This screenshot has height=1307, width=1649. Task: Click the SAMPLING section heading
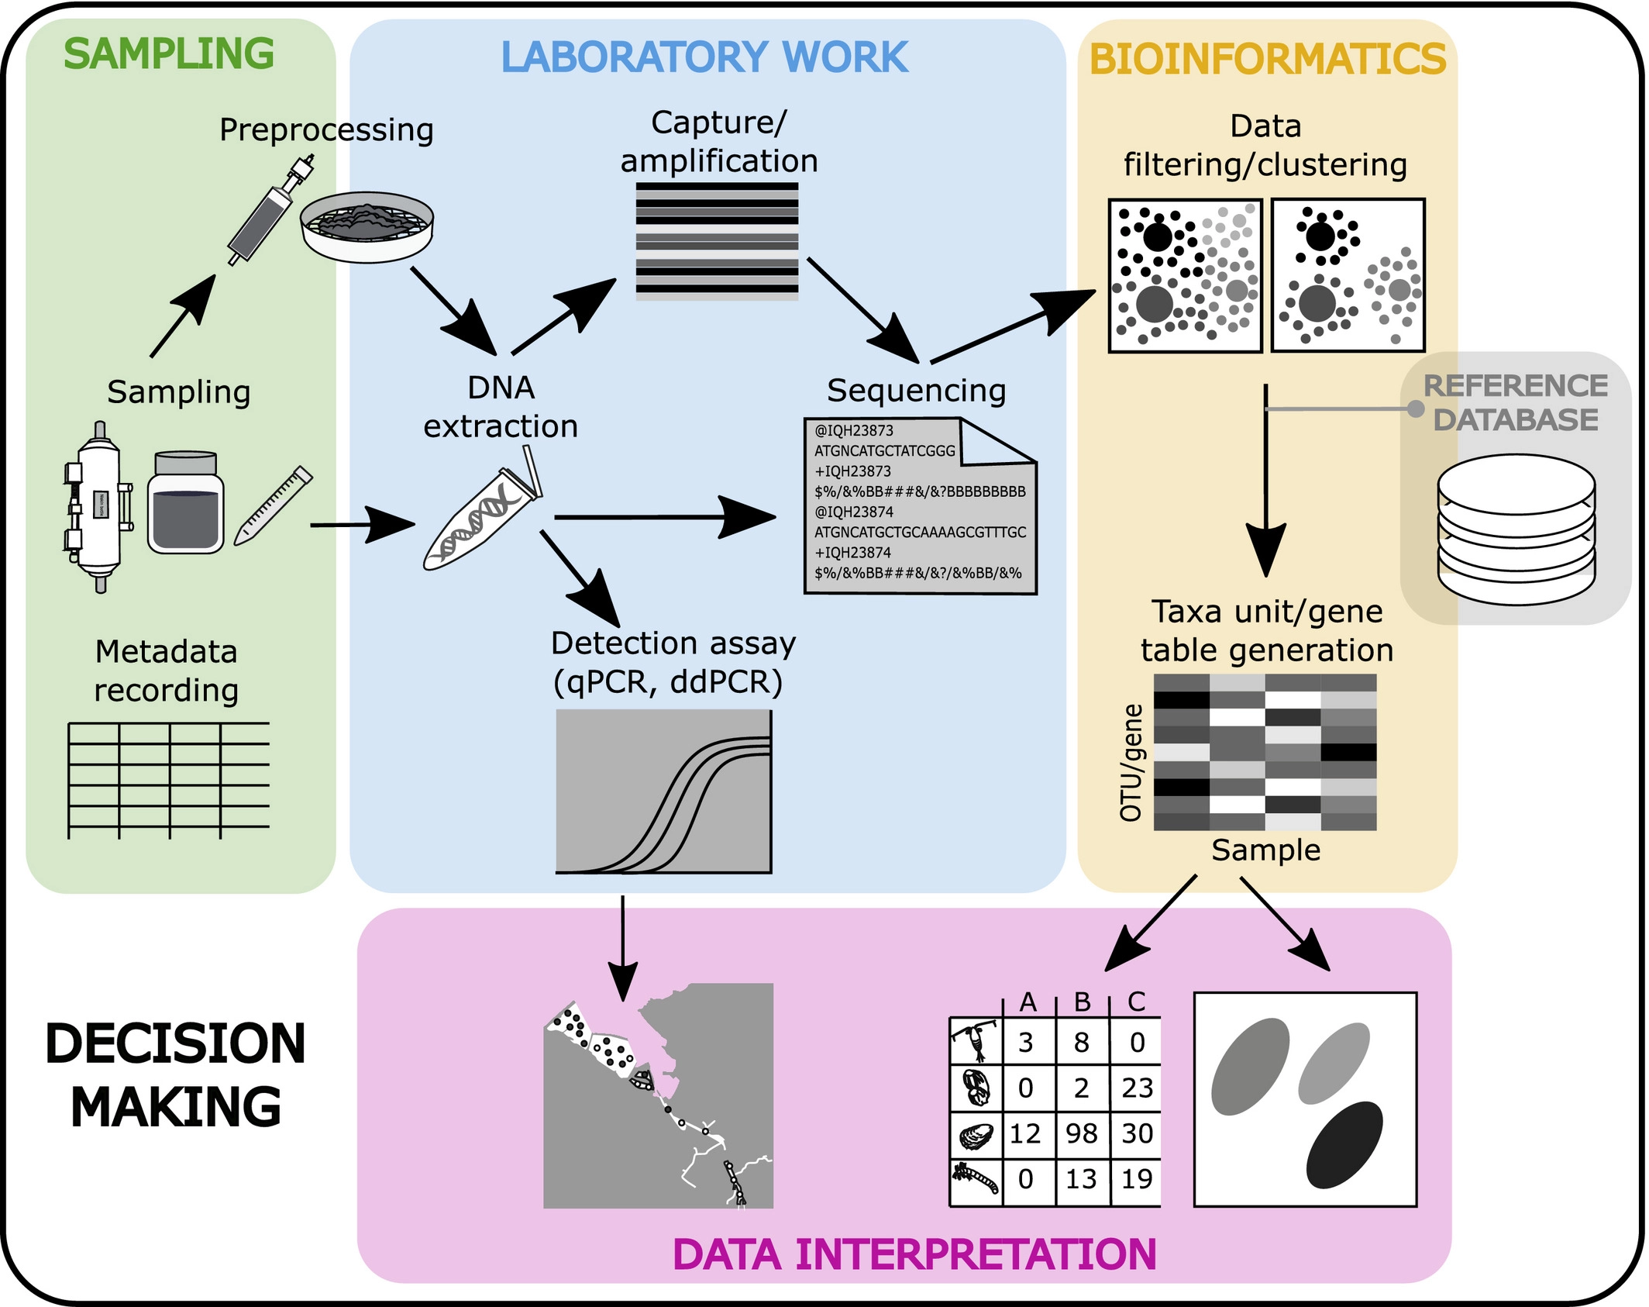coord(169,54)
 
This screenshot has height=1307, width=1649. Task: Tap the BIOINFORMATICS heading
coord(1268,60)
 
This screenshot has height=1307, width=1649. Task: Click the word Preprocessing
coord(326,129)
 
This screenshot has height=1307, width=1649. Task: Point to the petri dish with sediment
coord(367,226)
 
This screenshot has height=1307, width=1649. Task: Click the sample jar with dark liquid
coord(186,503)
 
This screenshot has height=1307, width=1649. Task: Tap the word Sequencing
coord(916,391)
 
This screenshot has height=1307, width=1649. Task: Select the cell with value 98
coord(1082,1134)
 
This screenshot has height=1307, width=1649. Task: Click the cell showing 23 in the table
coord(1137,1088)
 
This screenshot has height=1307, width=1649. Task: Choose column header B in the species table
coord(1083,1002)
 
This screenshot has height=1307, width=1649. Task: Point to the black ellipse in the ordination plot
coord(1344,1145)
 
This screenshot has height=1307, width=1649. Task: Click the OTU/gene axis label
coord(1131,763)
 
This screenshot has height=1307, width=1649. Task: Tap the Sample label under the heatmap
coord(1266,850)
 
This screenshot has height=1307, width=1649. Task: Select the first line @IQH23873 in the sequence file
coord(854,431)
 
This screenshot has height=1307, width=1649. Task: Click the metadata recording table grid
coord(169,780)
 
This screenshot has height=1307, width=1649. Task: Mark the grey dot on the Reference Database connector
coord(1416,409)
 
